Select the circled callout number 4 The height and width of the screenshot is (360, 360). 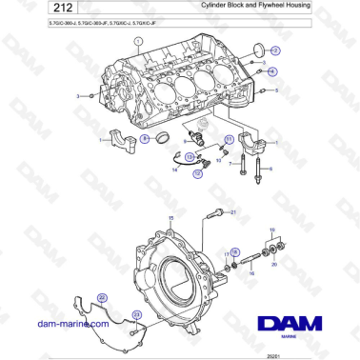(x=272, y=71)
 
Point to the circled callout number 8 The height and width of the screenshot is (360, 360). (x=145, y=139)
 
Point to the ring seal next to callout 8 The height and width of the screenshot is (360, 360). (x=165, y=140)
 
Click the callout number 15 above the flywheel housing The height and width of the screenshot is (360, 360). (x=170, y=218)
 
